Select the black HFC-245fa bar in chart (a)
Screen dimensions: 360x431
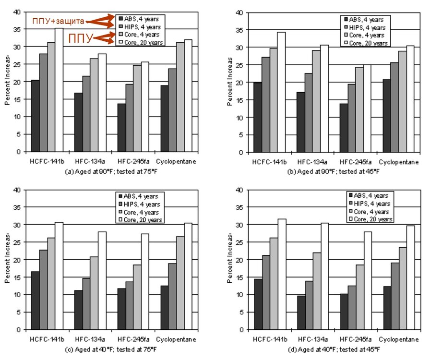[122, 128]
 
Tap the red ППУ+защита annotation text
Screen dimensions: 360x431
[58, 21]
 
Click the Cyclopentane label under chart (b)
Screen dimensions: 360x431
[398, 162]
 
